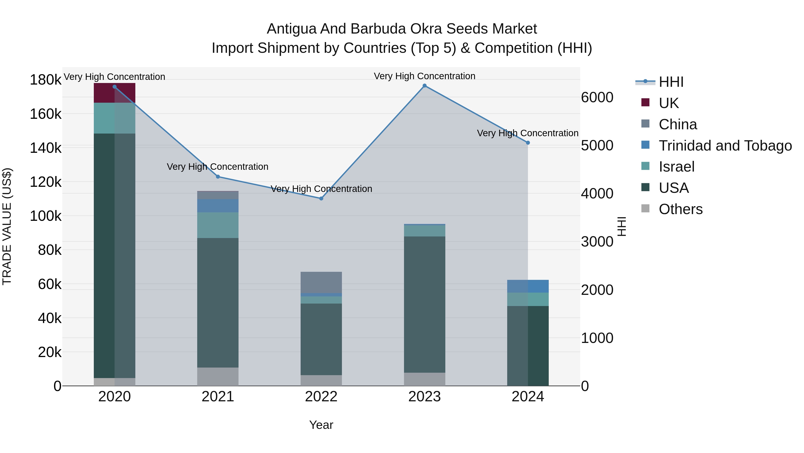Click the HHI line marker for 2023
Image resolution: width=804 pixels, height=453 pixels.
425,86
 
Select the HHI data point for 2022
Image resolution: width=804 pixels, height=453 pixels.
321,198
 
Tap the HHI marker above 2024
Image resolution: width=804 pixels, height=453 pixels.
528,143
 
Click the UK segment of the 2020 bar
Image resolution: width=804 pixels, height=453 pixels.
115,93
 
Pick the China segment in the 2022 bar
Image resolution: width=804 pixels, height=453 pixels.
321,283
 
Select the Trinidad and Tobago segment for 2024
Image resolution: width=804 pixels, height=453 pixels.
528,286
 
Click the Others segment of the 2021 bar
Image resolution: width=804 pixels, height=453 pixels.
218,377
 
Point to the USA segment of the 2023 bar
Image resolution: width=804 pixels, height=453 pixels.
425,304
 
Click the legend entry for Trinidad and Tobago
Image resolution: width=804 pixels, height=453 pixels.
725,146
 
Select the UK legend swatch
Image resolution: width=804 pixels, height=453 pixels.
645,102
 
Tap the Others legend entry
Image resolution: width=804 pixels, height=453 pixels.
680,209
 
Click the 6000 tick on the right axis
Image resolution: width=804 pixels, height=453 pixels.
597,98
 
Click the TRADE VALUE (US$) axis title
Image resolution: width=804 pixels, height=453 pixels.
7,226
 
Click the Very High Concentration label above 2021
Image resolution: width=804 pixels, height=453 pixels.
218,167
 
